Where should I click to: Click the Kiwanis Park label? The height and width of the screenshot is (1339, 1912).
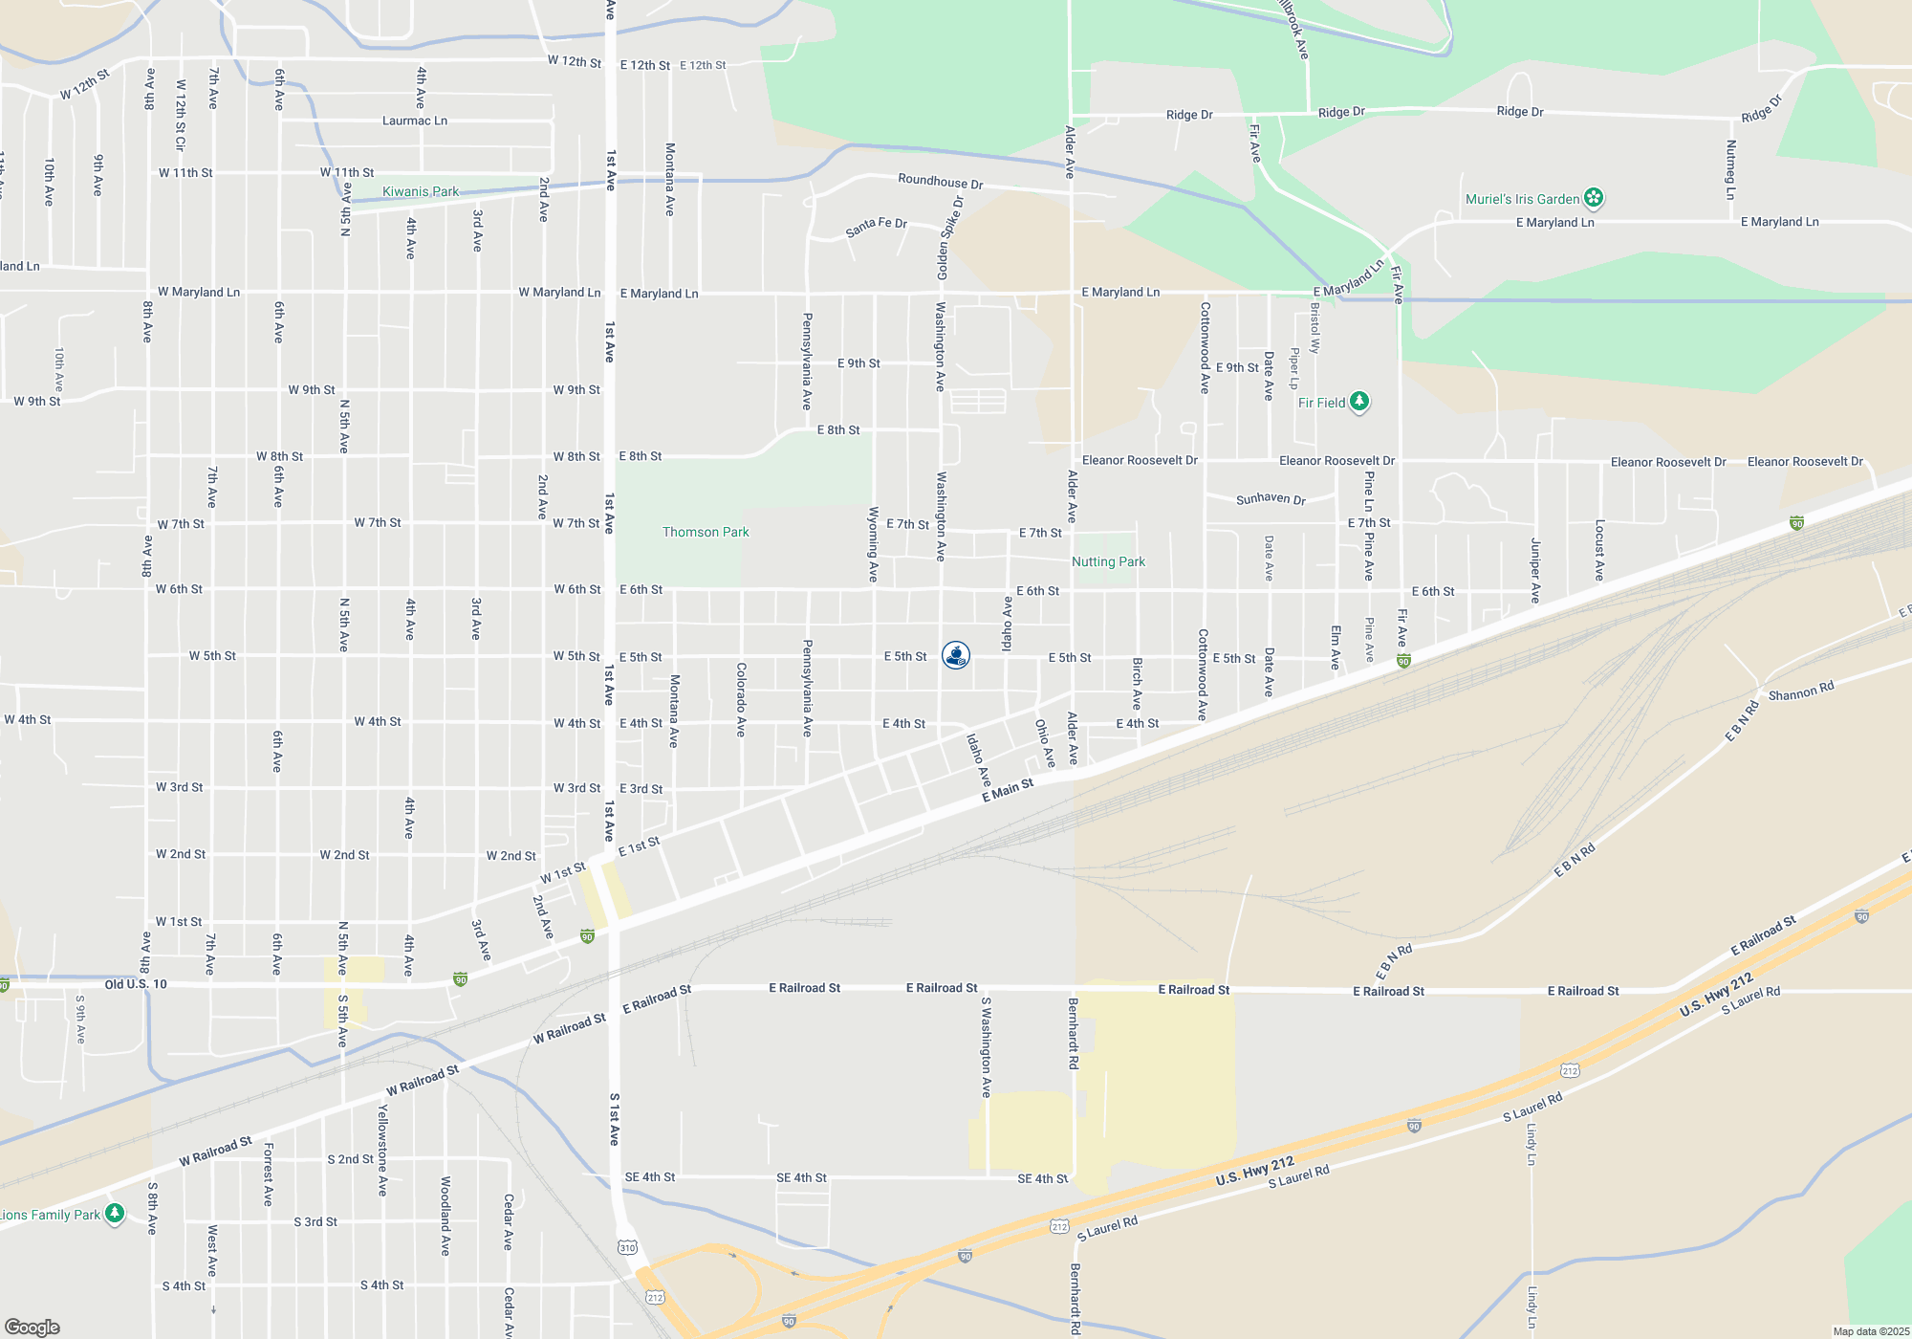tap(420, 191)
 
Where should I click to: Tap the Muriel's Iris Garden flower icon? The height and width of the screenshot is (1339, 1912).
tap(1593, 198)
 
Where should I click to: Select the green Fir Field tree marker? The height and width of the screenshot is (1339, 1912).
tap(1358, 402)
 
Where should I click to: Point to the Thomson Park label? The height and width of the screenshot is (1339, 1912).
tap(706, 532)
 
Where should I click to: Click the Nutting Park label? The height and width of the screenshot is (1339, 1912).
tap(1108, 561)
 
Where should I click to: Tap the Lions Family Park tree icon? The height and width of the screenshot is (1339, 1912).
tap(115, 1214)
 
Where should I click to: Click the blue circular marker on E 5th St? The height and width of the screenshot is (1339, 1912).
tap(956, 655)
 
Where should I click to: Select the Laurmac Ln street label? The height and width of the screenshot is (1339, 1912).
tap(415, 121)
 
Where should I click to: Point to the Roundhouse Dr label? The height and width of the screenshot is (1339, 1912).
tap(940, 181)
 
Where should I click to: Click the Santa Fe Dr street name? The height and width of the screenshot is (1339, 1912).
tap(876, 227)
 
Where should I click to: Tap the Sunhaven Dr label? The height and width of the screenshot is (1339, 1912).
tap(1271, 498)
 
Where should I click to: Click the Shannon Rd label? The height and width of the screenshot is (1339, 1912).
tap(1801, 691)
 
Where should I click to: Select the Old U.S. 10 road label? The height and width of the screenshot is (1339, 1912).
tap(136, 984)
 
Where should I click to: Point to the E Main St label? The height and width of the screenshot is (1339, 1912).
tap(1008, 790)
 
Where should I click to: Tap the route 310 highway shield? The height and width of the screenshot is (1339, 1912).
tap(627, 1247)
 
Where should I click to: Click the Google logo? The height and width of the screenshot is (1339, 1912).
tap(32, 1327)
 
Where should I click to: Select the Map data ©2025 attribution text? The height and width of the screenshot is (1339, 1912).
tap(1870, 1331)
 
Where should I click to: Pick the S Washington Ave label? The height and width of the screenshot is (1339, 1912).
tap(986, 1046)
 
